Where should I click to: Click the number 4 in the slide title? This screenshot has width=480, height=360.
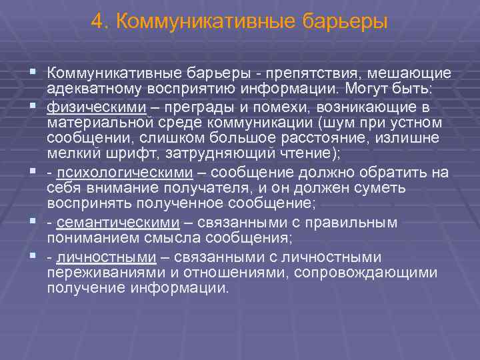pos(97,22)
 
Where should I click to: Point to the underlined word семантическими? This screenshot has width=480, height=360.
pos(118,222)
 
